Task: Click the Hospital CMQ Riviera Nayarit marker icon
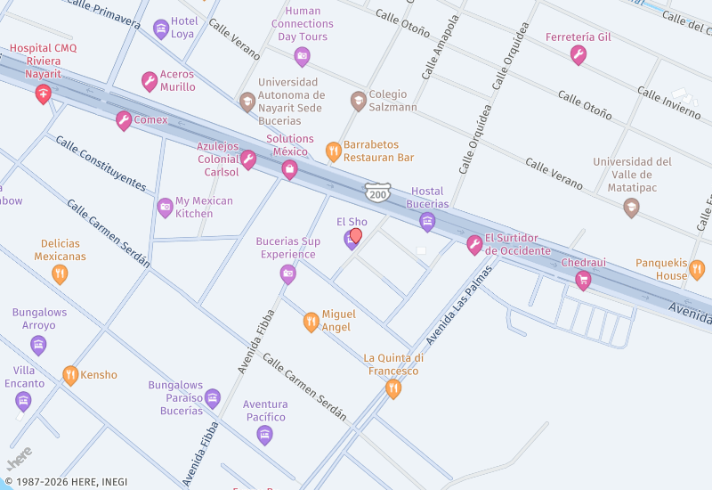[x=42, y=94]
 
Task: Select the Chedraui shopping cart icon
[x=583, y=281]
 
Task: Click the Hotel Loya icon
[x=160, y=29]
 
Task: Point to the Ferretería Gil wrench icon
[x=578, y=55]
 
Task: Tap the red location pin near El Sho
[x=356, y=236]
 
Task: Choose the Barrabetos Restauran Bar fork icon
[x=333, y=151]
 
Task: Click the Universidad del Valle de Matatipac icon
[x=631, y=208]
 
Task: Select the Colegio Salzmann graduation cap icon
[x=358, y=100]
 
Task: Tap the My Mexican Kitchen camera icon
[x=165, y=208]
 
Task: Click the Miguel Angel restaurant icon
[x=311, y=322]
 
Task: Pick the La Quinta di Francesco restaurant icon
[x=392, y=388]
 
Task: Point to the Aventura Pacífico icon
[x=264, y=434]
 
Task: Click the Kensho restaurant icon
[x=70, y=375]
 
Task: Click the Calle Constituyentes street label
[x=101, y=163]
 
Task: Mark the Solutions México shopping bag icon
[x=288, y=169]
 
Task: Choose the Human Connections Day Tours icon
[x=302, y=57]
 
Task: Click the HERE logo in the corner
[x=20, y=457]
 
